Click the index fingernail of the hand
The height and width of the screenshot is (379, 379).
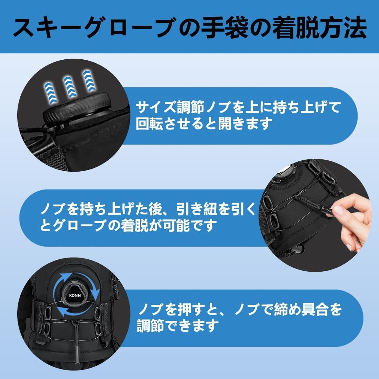click(338, 210)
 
